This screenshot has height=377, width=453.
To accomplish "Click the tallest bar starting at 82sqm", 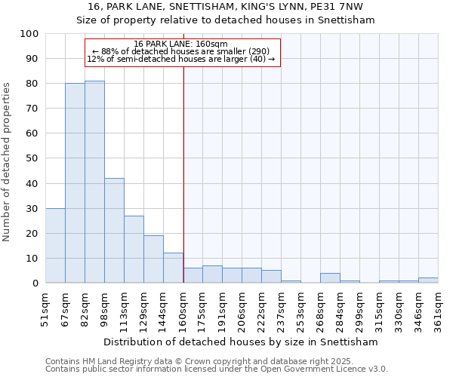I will click(94, 182).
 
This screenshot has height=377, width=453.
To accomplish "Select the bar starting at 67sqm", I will click(75, 183).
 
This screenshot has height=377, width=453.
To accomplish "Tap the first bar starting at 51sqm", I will click(55, 246).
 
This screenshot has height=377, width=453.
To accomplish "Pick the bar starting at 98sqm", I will click(114, 231).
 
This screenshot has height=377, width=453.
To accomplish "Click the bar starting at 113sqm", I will click(134, 250).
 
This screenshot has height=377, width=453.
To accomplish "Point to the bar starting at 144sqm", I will click(173, 268).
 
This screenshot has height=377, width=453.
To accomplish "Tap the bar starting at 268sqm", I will click(330, 278).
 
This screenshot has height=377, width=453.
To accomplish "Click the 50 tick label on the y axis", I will click(32, 158).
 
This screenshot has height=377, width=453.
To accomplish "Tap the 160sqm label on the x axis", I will click(183, 307).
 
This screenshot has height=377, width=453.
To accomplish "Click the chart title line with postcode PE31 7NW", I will click(226, 7).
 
